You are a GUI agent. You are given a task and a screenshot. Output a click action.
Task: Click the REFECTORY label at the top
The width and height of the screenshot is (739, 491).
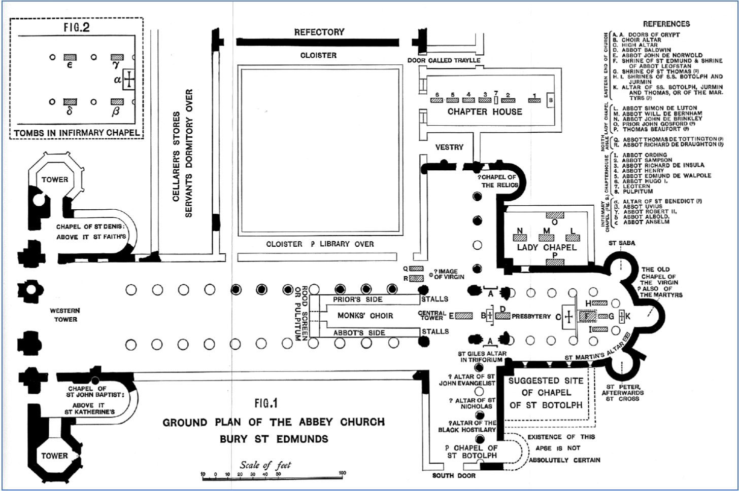319,32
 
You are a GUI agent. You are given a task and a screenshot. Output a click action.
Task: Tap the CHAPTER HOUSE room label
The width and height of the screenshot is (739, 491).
484,111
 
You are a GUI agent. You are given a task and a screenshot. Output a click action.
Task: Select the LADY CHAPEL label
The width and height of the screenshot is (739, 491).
547,247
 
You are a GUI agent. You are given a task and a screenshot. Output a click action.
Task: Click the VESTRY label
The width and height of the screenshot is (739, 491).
449,147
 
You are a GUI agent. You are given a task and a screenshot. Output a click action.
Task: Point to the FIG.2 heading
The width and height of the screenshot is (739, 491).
77,27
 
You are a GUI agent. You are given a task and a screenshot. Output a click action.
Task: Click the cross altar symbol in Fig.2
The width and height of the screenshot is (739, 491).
130,80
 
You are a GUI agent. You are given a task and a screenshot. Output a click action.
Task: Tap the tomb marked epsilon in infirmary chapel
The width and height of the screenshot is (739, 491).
70,57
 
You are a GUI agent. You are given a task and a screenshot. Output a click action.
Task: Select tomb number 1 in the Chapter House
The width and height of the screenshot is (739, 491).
533,100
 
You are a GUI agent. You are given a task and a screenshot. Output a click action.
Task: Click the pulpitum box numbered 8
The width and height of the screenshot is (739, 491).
551,101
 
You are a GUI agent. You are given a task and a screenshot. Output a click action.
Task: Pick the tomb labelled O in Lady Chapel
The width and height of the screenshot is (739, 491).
554,215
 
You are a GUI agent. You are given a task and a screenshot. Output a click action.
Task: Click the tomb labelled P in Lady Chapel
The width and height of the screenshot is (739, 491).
554,261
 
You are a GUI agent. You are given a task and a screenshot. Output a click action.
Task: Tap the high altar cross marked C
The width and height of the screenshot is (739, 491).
569,317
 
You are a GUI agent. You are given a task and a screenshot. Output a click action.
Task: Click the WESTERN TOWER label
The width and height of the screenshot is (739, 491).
65,315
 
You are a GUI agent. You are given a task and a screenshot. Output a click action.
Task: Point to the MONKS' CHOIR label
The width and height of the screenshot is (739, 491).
365,316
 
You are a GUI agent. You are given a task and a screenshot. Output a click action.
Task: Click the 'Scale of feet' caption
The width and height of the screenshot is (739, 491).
265,465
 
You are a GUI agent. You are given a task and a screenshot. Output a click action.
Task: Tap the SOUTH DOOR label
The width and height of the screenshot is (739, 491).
454,475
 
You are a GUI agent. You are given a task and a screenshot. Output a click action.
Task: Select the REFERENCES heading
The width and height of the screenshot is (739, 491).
666,24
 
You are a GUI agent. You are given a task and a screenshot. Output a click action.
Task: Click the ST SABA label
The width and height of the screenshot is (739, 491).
622,243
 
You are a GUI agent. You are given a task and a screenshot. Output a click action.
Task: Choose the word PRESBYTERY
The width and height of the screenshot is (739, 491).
531,316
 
